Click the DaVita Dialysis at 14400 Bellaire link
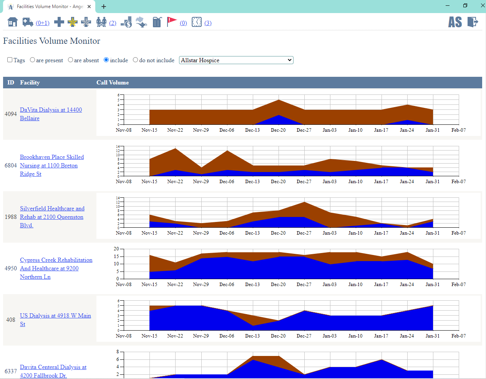pos(51,110)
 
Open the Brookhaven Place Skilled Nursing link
pos(51,157)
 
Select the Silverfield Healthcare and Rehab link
pos(52,209)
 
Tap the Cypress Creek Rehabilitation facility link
pos(56,260)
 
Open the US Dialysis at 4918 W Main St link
pos(55,316)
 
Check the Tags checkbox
pos(10,60)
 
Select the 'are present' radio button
pos(33,60)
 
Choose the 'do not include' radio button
pos(136,60)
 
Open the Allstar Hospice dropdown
pos(236,60)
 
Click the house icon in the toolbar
pos(13,22)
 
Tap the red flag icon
pos(171,22)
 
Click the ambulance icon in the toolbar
pos(28,22)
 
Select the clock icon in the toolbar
pos(197,22)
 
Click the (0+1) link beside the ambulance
pos(43,23)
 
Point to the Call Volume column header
pos(113,83)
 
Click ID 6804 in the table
pos(11,166)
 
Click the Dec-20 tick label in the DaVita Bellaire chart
pos(278,130)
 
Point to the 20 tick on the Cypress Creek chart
pos(116,249)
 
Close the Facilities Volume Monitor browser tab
pos(89,7)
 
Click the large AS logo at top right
pos(455,22)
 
